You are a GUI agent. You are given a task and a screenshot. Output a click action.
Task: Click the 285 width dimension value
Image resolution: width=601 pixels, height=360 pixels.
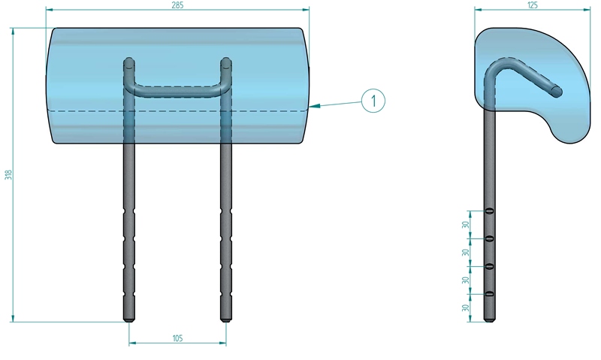pos(177,5)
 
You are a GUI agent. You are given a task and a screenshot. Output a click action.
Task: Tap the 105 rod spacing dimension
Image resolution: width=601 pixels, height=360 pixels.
pos(177,338)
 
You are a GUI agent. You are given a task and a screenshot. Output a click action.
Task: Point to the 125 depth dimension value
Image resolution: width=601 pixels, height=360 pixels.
pos(533,5)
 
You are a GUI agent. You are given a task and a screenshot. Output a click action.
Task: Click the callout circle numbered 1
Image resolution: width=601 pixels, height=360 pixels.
pos(373,101)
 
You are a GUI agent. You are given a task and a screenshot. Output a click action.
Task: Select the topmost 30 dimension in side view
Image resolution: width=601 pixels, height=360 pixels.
pos(465,225)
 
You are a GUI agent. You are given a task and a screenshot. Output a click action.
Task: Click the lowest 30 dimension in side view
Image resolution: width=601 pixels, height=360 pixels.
pos(465,308)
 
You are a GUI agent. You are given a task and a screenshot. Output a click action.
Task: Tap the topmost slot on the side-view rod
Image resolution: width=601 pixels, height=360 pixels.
pos(489,211)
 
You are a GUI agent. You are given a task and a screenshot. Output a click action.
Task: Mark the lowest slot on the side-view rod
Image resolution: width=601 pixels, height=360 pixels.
pos(489,294)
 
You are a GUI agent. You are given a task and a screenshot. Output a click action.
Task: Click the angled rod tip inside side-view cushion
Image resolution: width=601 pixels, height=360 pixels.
pos(557,92)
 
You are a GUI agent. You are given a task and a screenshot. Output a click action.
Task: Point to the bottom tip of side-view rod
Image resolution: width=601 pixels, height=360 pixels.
pos(489,320)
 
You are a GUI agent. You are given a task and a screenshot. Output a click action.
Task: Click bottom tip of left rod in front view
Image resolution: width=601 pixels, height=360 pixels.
pos(129,320)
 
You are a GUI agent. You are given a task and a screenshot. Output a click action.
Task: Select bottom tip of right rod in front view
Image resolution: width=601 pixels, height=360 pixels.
pos(226,320)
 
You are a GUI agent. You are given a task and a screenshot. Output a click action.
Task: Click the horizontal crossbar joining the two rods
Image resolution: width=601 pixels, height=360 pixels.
pos(177,92)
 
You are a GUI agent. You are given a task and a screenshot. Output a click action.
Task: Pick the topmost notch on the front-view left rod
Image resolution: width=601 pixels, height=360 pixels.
pos(129,211)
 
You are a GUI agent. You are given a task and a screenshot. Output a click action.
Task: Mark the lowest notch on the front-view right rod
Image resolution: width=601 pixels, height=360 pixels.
pos(226,294)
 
